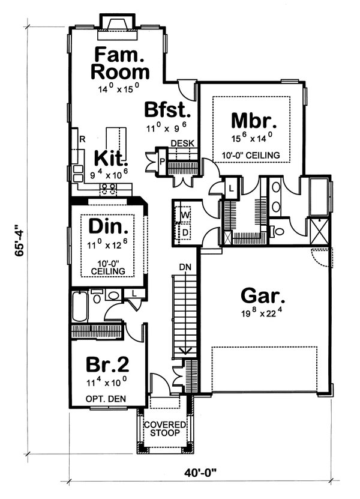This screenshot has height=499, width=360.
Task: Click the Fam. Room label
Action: [120, 63]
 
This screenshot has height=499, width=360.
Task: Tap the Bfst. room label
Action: [167, 110]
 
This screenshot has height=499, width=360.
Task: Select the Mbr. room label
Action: [254, 121]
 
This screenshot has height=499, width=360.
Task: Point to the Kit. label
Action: [111, 158]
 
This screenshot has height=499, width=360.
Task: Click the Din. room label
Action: [108, 226]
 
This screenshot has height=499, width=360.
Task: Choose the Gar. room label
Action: [263, 295]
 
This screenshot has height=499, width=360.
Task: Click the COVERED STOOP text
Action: [165, 429]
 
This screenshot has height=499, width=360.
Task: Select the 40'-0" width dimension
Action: [200, 472]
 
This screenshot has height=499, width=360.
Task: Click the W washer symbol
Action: [185, 215]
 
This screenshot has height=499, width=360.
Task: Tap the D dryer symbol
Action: [185, 232]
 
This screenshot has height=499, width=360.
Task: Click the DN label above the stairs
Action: [185, 267]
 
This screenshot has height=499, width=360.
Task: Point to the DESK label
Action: [182, 144]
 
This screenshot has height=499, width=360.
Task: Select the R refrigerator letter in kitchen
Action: [82, 139]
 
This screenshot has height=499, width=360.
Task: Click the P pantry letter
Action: [162, 162]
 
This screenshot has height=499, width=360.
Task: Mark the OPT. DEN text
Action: [106, 399]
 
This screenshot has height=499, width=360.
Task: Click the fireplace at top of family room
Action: [118, 27]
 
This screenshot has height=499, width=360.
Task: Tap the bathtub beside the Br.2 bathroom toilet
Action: [80, 306]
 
